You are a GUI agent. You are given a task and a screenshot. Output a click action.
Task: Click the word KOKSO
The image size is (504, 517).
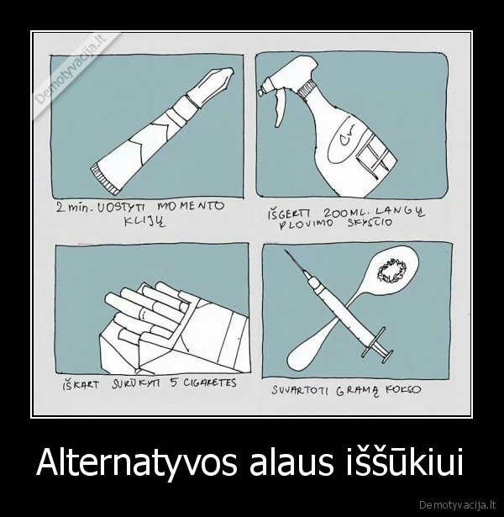[x=402, y=390]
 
